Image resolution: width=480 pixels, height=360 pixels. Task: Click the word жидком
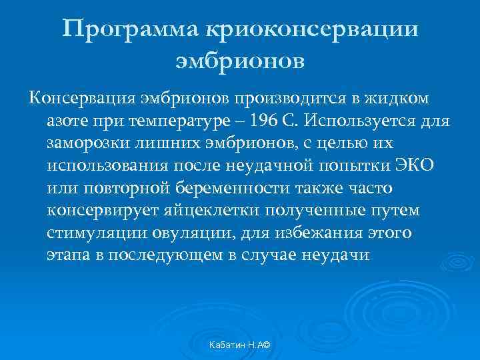coord(399,99)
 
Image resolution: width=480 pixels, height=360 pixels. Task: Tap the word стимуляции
coord(89,233)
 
